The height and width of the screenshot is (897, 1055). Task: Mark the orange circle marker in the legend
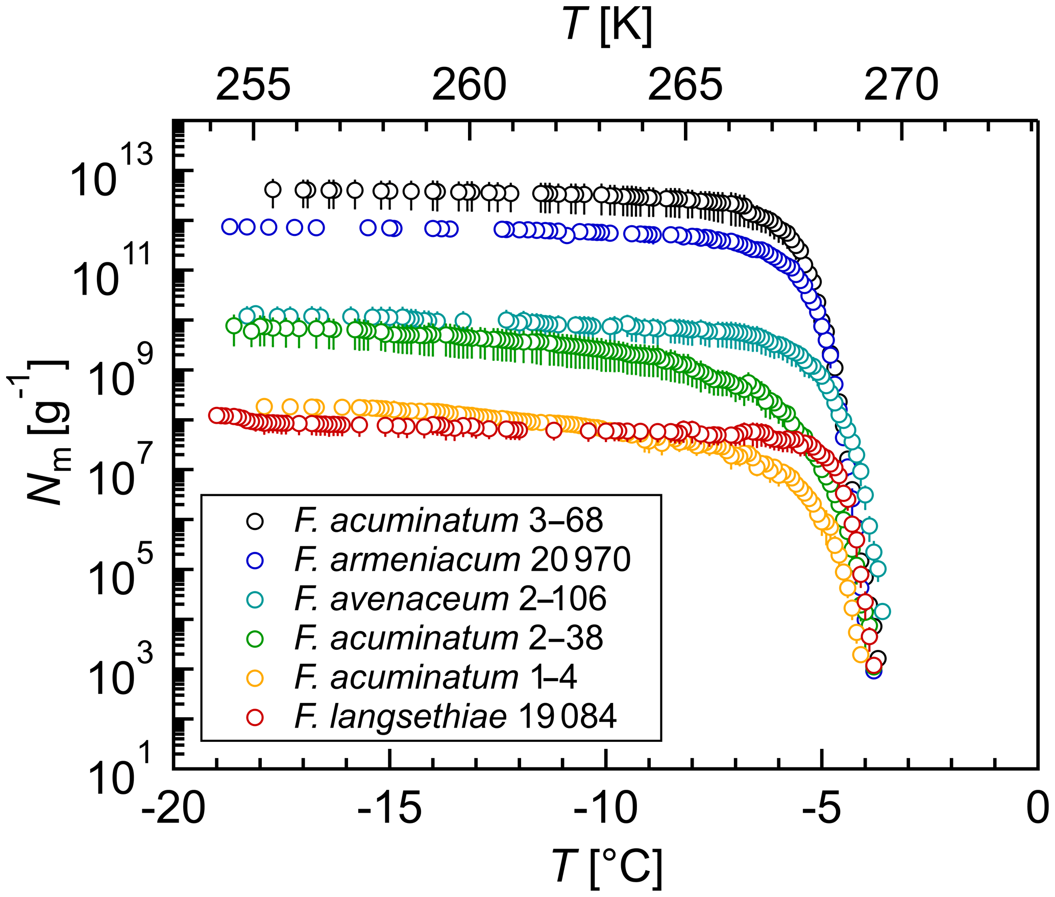pyautogui.click(x=255, y=678)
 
